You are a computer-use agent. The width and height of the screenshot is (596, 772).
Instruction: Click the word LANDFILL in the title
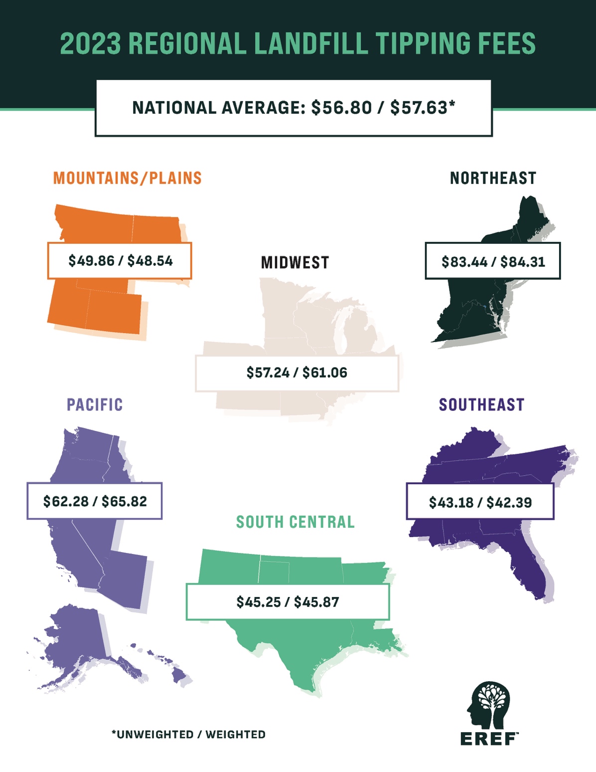point(310,43)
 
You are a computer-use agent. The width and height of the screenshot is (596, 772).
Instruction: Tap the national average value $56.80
point(341,108)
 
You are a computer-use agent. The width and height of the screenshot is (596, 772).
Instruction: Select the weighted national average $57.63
point(419,108)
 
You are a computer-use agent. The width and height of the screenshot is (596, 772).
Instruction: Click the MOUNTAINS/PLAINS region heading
point(128,178)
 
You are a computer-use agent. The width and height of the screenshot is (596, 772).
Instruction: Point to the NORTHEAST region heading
point(493,178)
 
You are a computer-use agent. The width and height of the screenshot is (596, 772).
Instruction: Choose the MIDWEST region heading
point(295,263)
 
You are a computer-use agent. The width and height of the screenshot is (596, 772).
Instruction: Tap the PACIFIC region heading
point(95,404)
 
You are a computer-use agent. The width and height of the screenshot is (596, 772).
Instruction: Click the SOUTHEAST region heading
point(481,404)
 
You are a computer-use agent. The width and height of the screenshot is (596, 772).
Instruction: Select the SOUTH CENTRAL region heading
point(295,522)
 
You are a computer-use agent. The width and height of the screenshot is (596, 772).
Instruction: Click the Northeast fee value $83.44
point(464,262)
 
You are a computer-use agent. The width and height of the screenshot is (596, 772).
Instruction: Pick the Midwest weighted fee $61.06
point(325,373)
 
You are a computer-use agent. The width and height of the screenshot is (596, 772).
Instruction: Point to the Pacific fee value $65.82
point(124,501)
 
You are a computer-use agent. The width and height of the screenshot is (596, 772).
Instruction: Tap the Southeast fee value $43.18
point(451,502)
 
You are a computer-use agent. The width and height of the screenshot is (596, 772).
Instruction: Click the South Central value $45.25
point(259,602)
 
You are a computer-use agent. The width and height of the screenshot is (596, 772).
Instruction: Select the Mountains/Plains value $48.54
point(150,260)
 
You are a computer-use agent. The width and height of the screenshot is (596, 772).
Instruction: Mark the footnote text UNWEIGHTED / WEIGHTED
point(188,735)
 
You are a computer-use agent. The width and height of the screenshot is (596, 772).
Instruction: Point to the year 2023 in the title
point(90,43)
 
